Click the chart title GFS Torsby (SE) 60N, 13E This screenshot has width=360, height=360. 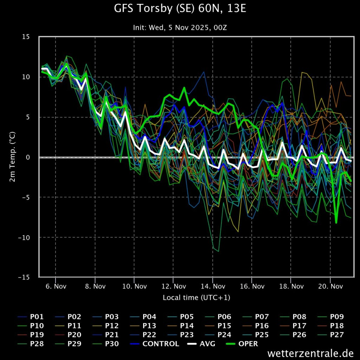coord(180,8)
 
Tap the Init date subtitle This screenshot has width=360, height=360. coord(180,27)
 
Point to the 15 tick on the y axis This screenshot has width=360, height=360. coord(26,37)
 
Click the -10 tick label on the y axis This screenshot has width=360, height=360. coord(24,237)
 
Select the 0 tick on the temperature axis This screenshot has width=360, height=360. coord(28,157)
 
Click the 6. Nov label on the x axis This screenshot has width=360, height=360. coord(56,286)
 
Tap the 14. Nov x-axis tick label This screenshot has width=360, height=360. coord(213,286)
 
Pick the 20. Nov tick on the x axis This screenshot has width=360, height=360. coord(330,286)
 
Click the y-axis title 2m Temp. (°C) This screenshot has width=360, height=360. coord(12,157)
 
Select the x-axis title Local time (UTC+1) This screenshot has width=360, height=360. coord(197,297)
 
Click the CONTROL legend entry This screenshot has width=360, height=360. coord(155,344)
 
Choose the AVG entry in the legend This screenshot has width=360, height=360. coord(201,344)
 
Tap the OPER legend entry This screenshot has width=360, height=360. coord(242,344)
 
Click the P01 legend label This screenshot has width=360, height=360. coord(31,317)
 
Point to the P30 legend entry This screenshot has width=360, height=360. coord(105,344)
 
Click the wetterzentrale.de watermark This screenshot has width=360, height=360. coord(310,353)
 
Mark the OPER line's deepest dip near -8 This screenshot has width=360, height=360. coord(336,223)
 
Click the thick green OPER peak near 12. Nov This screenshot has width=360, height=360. coord(184,88)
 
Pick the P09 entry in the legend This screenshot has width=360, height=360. coord(330,317)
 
